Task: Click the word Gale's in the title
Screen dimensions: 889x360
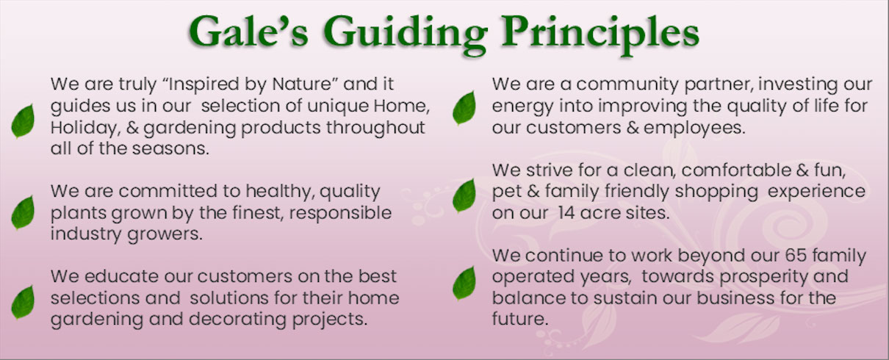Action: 248,32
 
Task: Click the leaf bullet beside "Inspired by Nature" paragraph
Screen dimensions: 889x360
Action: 23,121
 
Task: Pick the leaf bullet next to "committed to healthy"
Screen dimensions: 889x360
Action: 23,213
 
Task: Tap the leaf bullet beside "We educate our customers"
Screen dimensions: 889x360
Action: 23,302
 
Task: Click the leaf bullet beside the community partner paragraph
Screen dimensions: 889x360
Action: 464,108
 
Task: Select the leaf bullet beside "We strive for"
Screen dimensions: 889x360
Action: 464,195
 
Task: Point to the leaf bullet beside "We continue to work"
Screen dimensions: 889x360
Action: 464,283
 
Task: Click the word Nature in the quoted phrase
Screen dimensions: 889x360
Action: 301,84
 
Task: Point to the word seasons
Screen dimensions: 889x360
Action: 170,149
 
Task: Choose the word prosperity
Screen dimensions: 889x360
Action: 763,277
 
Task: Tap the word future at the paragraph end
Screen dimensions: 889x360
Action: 520,319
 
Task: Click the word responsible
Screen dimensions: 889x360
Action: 340,214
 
